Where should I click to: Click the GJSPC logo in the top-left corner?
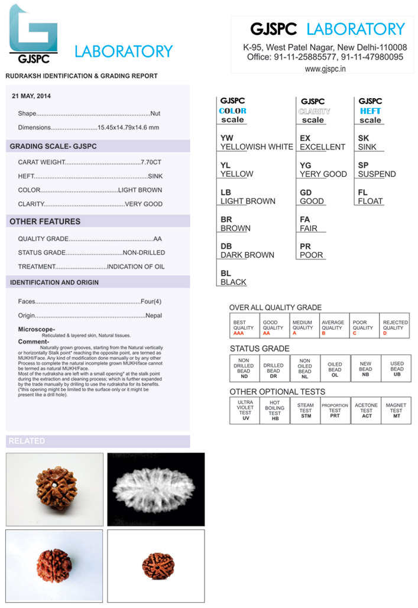34,33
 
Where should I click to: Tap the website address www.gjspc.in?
325,69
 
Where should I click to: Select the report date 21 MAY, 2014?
31,96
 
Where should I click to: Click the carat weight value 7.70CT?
151,162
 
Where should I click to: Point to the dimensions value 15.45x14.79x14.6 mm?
128,128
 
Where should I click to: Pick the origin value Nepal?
154,316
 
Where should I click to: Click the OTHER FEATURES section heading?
45,222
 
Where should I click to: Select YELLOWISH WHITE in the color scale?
257,147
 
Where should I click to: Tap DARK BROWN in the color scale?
247,255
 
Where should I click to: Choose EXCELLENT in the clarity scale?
322,147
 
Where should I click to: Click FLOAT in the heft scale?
370,201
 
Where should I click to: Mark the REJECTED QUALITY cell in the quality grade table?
395,326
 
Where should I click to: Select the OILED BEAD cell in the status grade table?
335,368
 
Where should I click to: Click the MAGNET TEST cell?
396,411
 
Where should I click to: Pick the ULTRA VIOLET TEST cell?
245,411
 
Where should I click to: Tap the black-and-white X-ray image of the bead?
156,489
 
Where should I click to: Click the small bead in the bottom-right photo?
158,566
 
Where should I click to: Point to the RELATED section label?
27,441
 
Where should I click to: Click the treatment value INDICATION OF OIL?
136,266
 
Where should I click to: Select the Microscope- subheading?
37,329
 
